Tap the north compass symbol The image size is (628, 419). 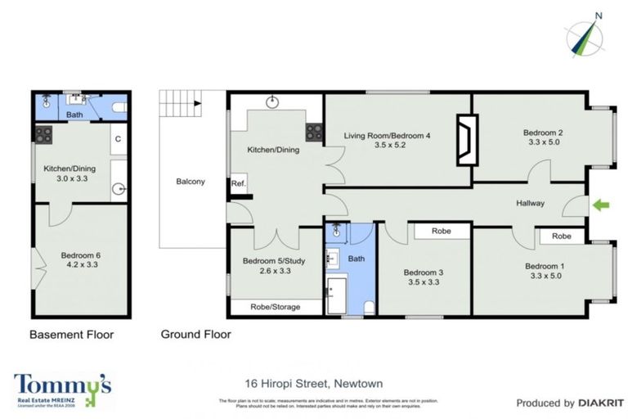pos(585,37)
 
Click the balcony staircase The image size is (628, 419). pos(179,104)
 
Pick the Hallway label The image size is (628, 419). pos(531,203)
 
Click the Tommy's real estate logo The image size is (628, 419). pos(62,390)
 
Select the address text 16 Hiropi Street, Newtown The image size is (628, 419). pos(314,383)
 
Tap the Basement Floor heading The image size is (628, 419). pos(71,334)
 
